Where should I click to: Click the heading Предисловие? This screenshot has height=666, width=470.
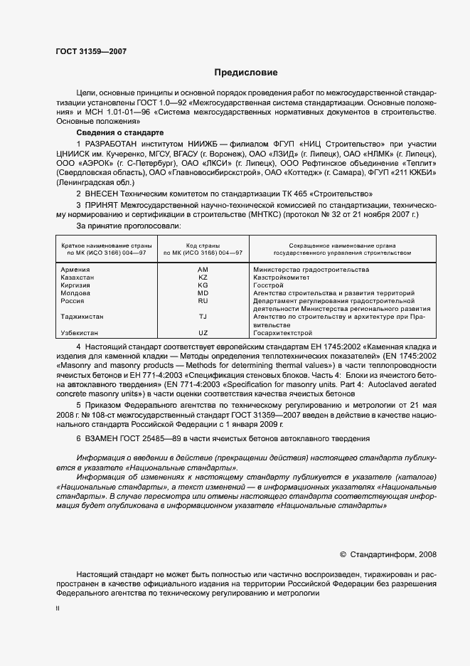(245, 73)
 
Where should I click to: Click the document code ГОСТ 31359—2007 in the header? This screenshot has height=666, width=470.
(91, 51)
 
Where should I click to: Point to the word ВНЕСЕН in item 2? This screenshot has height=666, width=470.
(106, 194)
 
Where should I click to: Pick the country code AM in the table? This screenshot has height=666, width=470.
(203, 270)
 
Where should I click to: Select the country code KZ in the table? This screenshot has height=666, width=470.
(203, 277)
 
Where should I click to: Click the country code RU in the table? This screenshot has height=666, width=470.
(203, 301)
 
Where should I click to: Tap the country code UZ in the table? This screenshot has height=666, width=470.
(203, 332)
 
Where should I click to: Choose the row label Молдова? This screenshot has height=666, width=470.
(75, 293)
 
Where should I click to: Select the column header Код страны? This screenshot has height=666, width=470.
(203, 244)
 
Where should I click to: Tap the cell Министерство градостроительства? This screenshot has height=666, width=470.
(311, 270)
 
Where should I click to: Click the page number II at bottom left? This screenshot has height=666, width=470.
(58, 609)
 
